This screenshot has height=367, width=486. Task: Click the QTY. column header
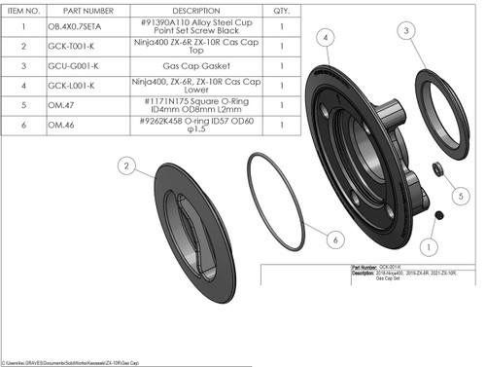click(x=282, y=8)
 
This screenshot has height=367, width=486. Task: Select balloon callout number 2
click(x=127, y=166)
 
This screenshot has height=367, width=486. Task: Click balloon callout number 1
click(x=434, y=233)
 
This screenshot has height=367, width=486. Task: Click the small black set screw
click(x=438, y=214)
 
